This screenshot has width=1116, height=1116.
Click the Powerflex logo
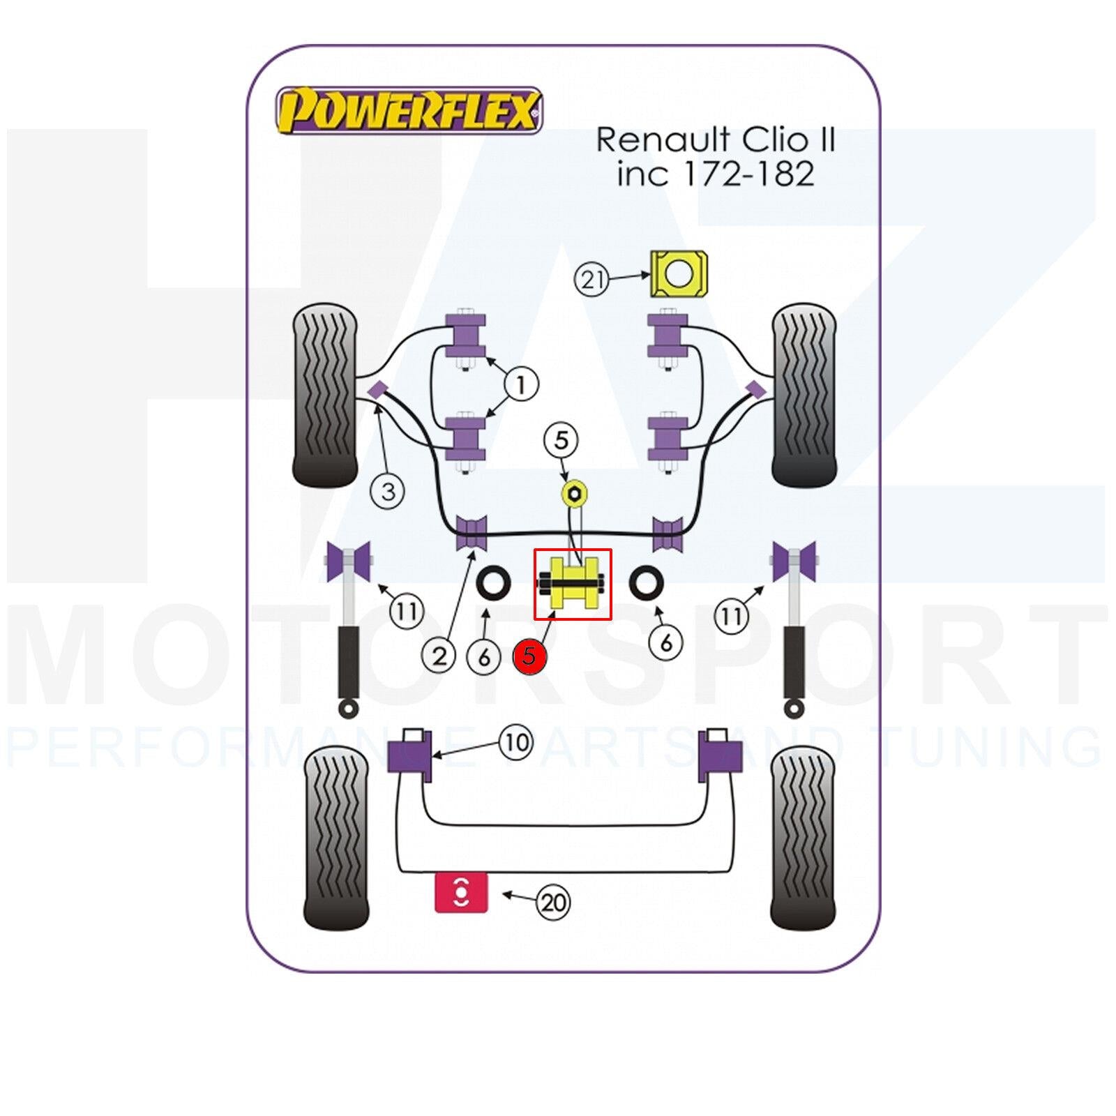point(409,110)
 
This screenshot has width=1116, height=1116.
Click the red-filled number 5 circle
point(529,656)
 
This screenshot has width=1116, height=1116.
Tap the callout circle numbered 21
point(591,280)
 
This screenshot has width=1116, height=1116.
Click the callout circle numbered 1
point(521,384)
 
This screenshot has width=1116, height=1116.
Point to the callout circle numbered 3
point(388,491)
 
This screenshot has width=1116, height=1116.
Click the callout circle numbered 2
point(439,656)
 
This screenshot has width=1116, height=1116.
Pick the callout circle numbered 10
point(516,742)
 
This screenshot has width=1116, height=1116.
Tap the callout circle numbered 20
point(553,903)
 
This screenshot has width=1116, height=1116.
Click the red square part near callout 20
point(461,892)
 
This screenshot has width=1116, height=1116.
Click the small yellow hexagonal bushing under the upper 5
point(575,493)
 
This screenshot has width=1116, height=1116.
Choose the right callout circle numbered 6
point(665,642)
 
